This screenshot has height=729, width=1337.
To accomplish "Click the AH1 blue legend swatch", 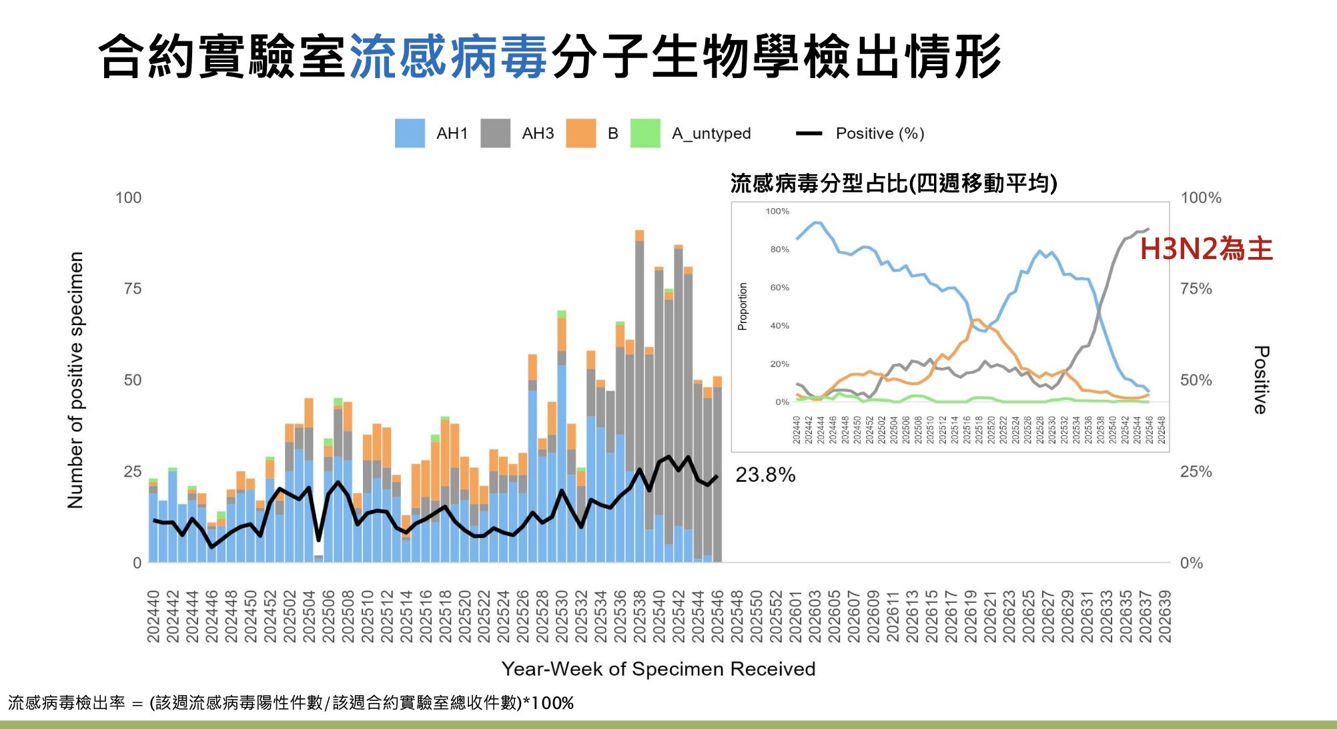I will click(410, 134).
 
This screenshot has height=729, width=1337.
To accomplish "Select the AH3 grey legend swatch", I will click(495, 134).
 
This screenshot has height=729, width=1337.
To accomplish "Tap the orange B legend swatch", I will click(580, 134).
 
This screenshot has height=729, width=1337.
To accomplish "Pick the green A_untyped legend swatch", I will click(645, 134).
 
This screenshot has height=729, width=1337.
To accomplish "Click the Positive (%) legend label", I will click(879, 134).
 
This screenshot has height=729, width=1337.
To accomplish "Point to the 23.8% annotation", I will click(765, 475).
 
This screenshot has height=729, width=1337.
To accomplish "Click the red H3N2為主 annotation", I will click(1206, 249).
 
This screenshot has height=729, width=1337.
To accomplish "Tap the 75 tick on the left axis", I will click(132, 288).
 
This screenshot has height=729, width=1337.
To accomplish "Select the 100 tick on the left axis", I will click(128, 198).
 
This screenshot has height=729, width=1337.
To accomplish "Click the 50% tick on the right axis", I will click(1196, 380).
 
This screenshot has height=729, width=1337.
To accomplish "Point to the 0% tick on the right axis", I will click(1191, 563).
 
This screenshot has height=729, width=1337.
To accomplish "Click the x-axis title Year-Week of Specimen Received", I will click(658, 669).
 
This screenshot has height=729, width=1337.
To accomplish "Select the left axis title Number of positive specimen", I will click(75, 380).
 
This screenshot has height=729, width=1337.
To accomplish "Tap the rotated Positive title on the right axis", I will click(1260, 380).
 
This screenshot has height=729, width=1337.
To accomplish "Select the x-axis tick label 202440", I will click(153, 616).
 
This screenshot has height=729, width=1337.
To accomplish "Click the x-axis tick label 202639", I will click(1165, 616).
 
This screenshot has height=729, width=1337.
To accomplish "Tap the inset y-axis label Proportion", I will click(743, 306).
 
